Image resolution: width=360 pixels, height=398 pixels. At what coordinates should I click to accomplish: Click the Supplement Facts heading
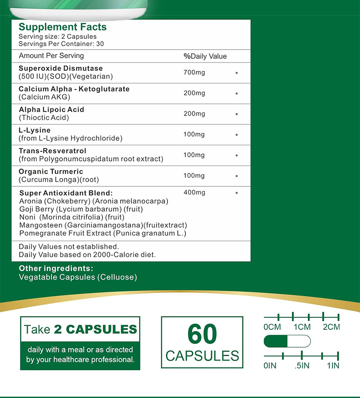pos(63,27)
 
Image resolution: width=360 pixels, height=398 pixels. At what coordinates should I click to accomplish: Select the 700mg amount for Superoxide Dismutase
pos(194,72)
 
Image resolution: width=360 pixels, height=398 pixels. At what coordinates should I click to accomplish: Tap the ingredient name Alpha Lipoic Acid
pos(51,109)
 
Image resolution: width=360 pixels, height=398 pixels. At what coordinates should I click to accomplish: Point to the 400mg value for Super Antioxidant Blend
pos(194,193)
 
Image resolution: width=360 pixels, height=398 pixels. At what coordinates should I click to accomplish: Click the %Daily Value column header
pos(205,56)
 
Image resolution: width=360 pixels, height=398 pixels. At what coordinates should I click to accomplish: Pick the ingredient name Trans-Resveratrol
pos(52,151)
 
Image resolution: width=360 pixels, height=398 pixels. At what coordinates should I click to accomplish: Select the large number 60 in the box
pos(202,334)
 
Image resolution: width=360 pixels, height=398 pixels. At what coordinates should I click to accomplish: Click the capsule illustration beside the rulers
pos(287,341)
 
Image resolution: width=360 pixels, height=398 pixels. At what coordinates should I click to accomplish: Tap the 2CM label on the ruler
pos(331,327)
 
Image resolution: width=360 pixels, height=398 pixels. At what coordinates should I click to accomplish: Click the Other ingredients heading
pos(56,269)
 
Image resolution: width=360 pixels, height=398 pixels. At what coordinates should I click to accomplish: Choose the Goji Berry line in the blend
pos(81,209)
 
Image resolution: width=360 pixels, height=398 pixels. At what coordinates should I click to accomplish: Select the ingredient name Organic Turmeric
pos(51,172)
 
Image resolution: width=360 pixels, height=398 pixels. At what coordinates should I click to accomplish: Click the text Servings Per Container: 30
pos(61,44)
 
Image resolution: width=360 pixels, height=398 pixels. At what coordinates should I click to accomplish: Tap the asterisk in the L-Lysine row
pos(237,135)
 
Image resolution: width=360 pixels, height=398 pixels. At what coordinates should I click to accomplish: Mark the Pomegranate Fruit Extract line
pos(103,233)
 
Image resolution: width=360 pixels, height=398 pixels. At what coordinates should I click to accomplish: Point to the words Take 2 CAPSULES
pos(80,329)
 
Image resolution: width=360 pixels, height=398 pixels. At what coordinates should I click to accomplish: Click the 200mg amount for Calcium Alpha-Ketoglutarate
pos(194,93)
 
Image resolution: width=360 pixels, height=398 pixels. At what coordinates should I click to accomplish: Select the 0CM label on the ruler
pos(272,327)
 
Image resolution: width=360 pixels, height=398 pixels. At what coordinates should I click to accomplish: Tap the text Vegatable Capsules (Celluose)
pos(77,277)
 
